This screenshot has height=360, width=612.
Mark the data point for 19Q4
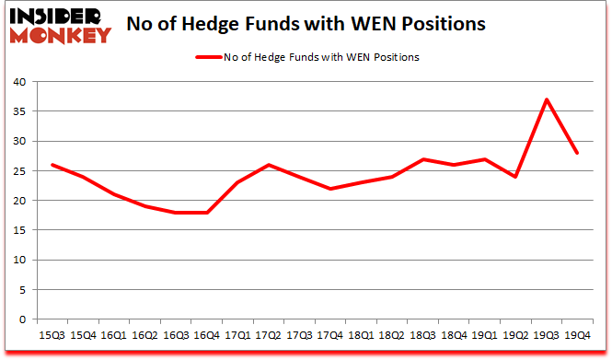578,153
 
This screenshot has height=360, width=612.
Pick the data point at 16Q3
176,213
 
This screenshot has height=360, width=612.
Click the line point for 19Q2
515,177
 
